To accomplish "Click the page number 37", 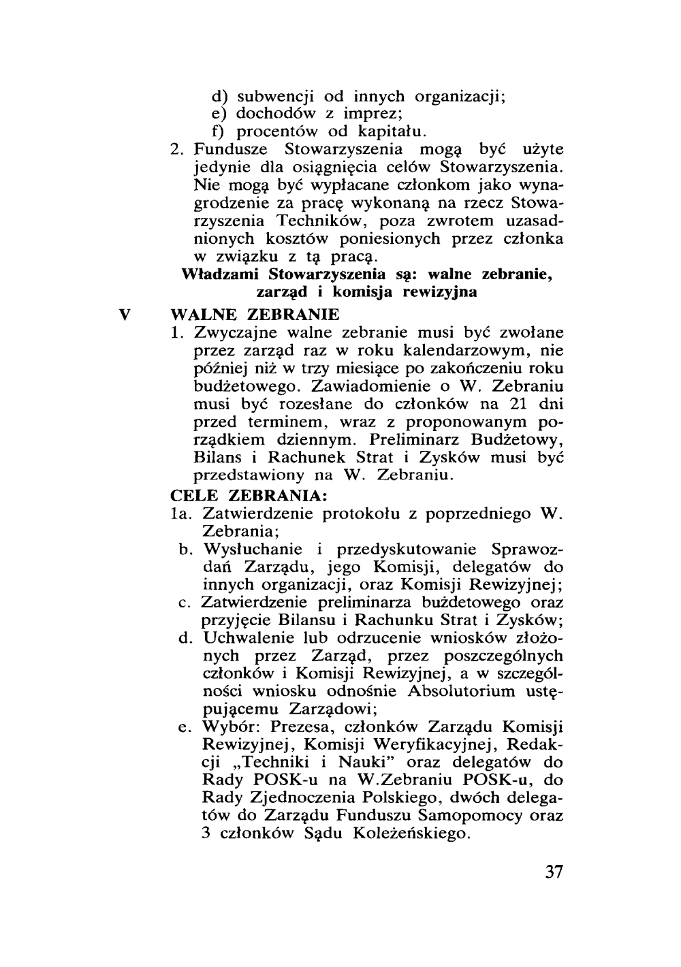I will click(554, 872).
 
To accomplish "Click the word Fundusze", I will click(229, 148).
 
